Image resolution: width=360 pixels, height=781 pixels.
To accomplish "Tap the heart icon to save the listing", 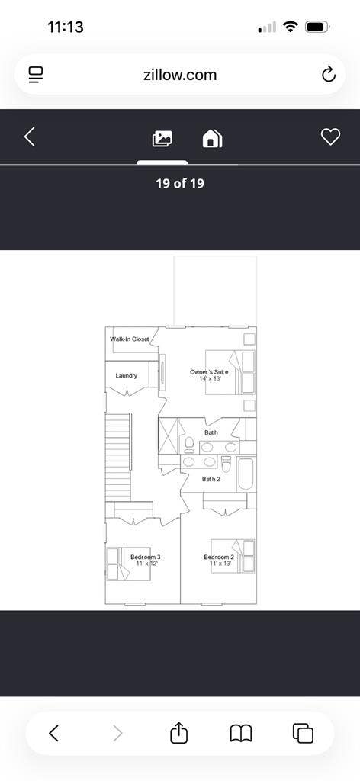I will pyautogui.click(x=329, y=137).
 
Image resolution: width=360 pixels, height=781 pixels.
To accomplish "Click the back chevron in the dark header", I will pyautogui.click(x=30, y=137).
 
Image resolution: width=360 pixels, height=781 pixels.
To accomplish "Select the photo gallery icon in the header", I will pyautogui.click(x=162, y=138).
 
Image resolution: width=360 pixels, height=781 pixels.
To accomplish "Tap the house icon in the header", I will pyautogui.click(x=211, y=138).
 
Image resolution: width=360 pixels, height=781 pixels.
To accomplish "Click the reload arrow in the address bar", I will pyautogui.click(x=328, y=74).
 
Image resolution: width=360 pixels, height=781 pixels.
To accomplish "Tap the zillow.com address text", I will pyautogui.click(x=179, y=75).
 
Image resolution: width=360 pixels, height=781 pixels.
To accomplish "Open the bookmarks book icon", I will pyautogui.click(x=241, y=733).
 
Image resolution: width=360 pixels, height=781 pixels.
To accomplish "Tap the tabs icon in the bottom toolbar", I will pyautogui.click(x=303, y=733).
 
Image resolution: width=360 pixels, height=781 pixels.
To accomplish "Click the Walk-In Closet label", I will pyautogui.click(x=130, y=339).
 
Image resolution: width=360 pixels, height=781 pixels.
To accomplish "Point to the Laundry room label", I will pyautogui.click(x=127, y=375).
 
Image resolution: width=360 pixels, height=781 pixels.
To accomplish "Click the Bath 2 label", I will pyautogui.click(x=211, y=479).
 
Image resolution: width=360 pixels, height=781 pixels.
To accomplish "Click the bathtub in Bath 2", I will pyautogui.click(x=246, y=474).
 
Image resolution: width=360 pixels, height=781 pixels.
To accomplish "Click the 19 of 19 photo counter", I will pyautogui.click(x=180, y=183).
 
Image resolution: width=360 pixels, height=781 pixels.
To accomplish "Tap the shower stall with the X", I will pyautogui.click(x=168, y=436).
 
